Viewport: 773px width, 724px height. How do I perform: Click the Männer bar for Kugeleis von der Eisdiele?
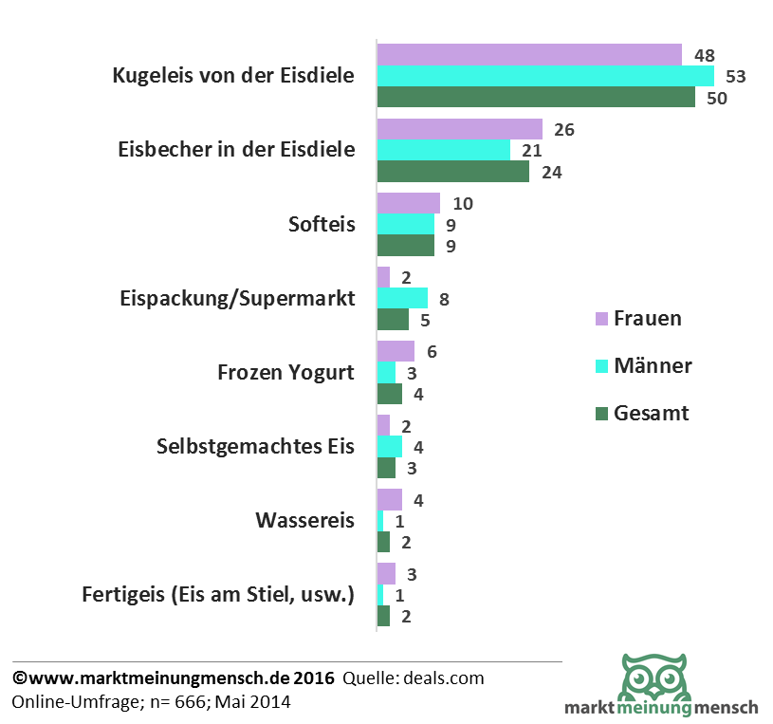point(545,76)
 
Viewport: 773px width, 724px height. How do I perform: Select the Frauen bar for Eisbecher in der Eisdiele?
point(459,129)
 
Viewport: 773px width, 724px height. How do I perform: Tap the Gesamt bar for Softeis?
point(405,246)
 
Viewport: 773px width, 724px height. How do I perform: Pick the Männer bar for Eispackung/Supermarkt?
point(402,298)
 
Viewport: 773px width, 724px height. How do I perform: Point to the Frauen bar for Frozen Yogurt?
point(396,351)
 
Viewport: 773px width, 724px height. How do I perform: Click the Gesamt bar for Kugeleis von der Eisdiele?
point(536,98)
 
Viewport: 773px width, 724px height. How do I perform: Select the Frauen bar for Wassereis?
point(389,499)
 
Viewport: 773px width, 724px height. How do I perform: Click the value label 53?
point(736,76)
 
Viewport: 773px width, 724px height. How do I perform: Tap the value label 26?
point(564,129)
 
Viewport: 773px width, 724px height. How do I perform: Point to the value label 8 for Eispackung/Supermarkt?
point(443,298)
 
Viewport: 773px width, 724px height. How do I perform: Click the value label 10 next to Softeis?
point(463,203)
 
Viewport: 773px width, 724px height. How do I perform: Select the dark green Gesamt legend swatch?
point(600,415)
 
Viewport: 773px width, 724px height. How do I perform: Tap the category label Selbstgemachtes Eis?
point(255,446)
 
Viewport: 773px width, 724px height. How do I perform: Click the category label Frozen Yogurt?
point(286,372)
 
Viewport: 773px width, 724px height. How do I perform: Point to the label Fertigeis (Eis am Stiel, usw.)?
point(218,595)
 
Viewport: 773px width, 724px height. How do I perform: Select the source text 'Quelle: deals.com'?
point(414,678)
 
